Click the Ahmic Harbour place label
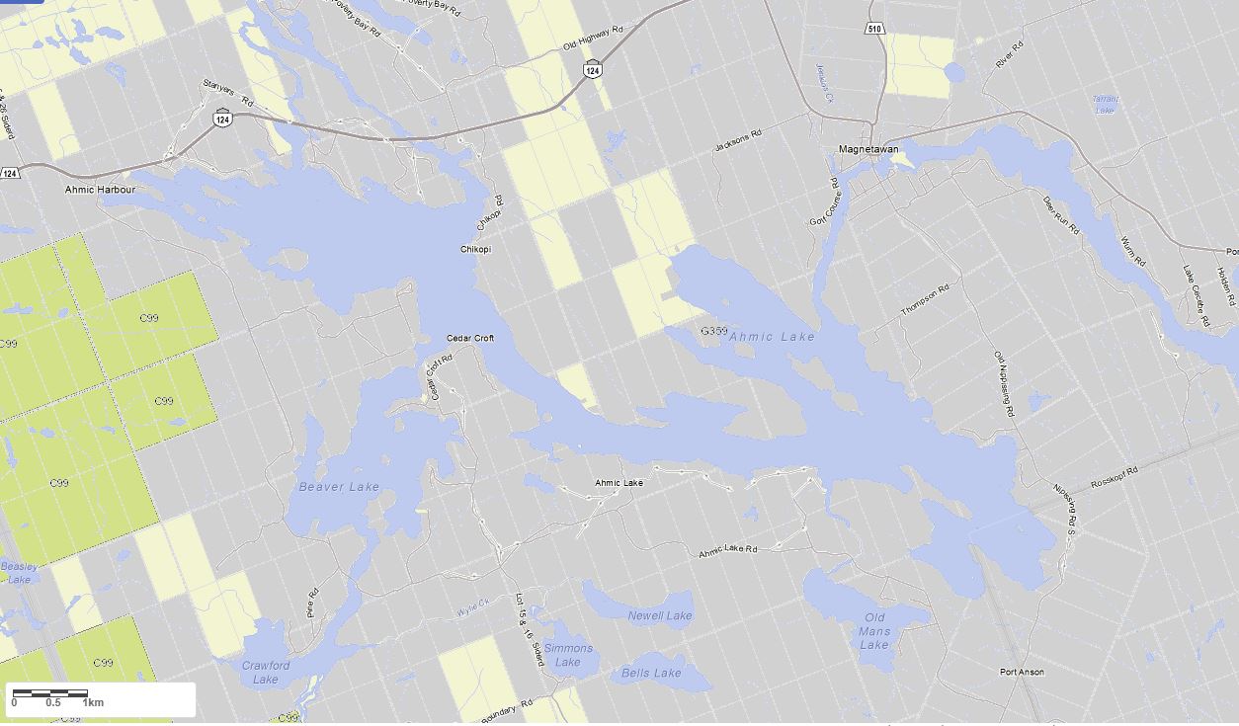click(100, 189)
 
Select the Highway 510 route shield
click(875, 29)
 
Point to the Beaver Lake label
click(339, 487)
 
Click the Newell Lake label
click(660, 616)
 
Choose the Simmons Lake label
click(568, 655)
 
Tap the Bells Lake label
click(651, 674)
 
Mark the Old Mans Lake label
click(874, 632)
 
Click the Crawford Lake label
click(266, 672)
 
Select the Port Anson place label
click(1022, 672)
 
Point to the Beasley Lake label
click(19, 573)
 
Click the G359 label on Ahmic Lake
click(713, 331)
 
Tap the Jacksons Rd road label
click(739, 141)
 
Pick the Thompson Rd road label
click(925, 299)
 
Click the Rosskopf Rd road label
click(1115, 477)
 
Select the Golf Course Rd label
click(823, 202)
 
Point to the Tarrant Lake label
click(1106, 104)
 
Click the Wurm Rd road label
click(1133, 252)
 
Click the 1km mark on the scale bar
click(93, 702)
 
